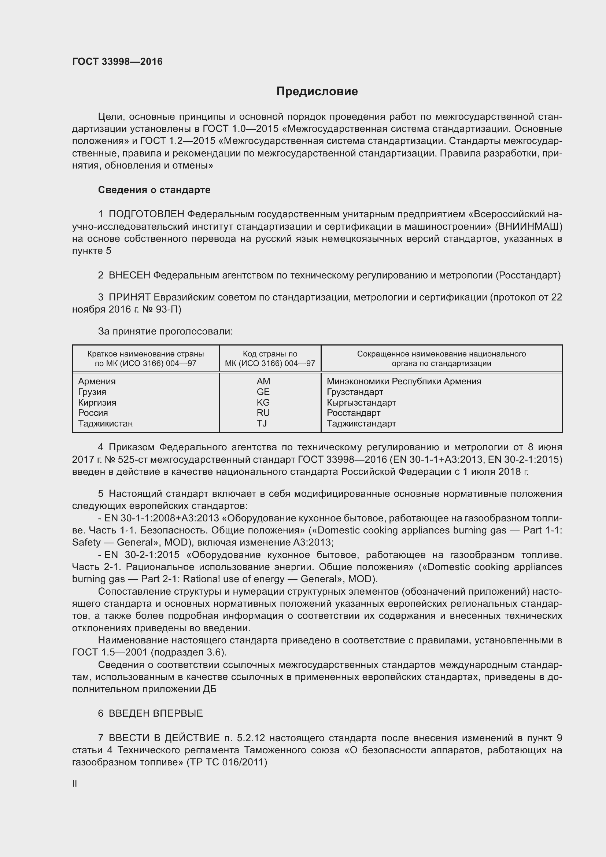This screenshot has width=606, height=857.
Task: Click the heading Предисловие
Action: coord(317,92)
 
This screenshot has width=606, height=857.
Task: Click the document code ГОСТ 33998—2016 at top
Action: coord(117,62)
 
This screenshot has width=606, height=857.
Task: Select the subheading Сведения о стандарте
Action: coord(154,190)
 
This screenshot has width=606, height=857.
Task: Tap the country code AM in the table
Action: coord(263,381)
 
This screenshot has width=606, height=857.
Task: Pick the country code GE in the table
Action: coord(263,392)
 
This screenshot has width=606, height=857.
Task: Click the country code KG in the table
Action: coord(263,402)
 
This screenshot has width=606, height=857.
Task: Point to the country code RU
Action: coord(263,413)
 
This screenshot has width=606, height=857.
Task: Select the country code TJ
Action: coord(262,423)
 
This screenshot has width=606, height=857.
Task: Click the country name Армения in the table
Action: coord(97,381)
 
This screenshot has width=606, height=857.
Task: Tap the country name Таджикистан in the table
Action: coord(105,423)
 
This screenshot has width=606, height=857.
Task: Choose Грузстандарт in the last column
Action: coord(355,392)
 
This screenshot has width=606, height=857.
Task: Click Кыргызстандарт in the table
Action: coord(361,402)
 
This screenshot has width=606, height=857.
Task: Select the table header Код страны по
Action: coord(270,354)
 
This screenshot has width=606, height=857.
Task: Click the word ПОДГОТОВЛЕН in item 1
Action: coord(146,214)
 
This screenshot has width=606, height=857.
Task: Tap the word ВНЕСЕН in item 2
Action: coord(129,276)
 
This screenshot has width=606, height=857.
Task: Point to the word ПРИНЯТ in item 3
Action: coord(129,297)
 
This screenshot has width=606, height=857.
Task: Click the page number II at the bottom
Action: coord(75,783)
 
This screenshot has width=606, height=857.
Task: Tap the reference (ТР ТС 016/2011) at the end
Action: coord(226,762)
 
